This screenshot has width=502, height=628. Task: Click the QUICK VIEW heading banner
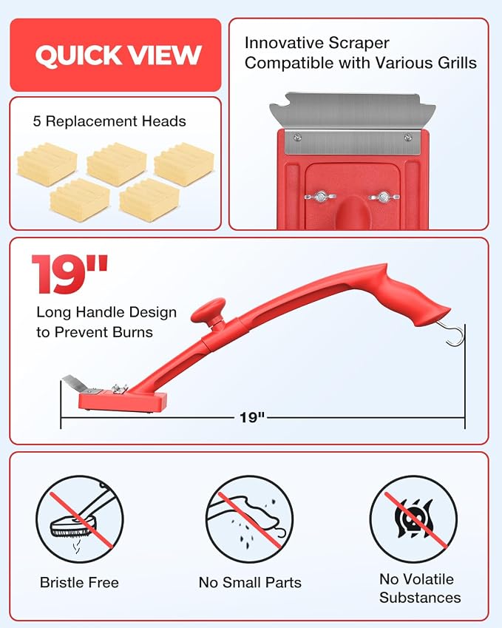115,55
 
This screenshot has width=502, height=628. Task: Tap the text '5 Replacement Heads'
109,121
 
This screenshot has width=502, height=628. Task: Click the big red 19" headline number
69,274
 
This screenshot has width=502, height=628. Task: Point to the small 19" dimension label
252,417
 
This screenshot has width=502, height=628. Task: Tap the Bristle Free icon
80,519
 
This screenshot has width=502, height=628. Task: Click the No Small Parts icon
250,519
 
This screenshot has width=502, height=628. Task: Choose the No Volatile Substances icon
413,519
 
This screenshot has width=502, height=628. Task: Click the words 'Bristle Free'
79,582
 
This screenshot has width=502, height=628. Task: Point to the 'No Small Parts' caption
250,582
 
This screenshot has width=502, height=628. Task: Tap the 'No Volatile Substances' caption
420,588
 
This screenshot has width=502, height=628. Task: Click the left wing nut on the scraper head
320,197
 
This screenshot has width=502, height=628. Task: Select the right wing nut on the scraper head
384,197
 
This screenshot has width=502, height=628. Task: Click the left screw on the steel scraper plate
297,138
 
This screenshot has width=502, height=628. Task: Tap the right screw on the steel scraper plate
407,138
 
